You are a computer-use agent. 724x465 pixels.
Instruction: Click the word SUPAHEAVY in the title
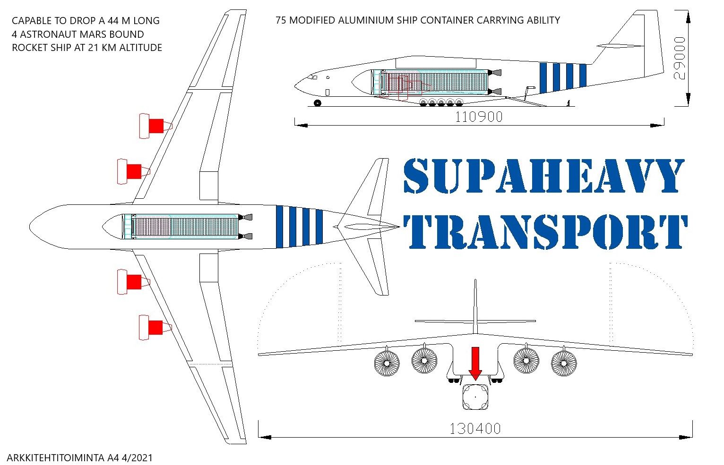[x=543, y=176]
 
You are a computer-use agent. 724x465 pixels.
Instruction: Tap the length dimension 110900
[x=478, y=117]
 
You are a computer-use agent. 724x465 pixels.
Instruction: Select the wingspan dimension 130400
[x=474, y=429]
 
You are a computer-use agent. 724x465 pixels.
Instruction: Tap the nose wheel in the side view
[x=317, y=103]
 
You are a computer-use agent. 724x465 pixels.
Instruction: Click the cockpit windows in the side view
[x=311, y=76]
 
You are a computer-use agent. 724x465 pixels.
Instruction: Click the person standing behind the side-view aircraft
[x=569, y=102]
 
